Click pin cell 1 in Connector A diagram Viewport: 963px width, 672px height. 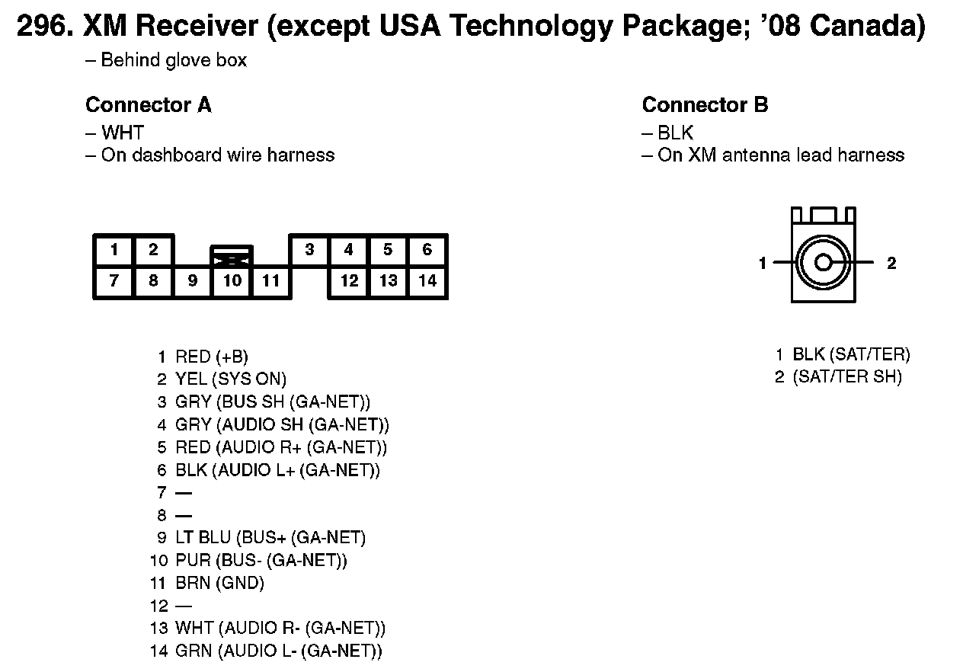click(114, 249)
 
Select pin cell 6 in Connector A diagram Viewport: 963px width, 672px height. click(427, 249)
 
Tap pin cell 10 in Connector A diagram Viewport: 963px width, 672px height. click(232, 280)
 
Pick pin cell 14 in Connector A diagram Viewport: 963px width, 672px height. click(427, 280)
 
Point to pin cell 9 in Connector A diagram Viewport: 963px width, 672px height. click(193, 280)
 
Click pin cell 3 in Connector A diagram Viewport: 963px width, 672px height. click(309, 249)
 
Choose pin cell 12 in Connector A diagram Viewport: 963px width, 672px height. click(349, 280)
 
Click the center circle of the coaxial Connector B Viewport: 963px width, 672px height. click(823, 263)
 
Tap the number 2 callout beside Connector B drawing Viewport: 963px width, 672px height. click(891, 264)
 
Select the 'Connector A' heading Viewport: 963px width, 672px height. click(148, 104)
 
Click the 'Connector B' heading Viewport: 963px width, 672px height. click(705, 104)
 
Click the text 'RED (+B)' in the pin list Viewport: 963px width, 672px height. click(212, 357)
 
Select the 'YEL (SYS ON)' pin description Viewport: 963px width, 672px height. click(231, 379)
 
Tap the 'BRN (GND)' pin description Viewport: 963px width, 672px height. click(219, 583)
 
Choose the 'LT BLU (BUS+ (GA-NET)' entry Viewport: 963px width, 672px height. click(270, 538)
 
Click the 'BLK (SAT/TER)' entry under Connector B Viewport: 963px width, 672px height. click(851, 354)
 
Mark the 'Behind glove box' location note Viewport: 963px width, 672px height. click(174, 60)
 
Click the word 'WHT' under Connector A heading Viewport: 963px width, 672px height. click(123, 133)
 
